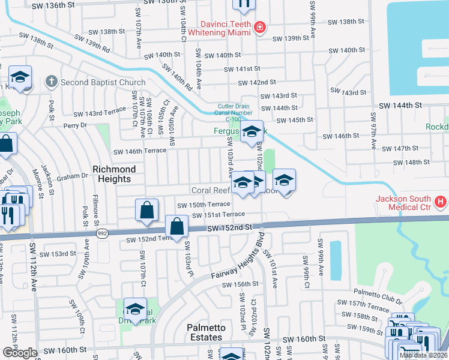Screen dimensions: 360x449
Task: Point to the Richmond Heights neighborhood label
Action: (x=112, y=175)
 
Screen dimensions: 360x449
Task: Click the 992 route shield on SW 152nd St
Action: (x=103, y=233)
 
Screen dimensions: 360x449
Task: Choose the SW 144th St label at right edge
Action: (x=400, y=105)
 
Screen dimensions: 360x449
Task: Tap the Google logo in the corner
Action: (x=20, y=352)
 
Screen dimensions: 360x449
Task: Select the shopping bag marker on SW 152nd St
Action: (x=177, y=227)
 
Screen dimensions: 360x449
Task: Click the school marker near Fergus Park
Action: (x=252, y=132)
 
